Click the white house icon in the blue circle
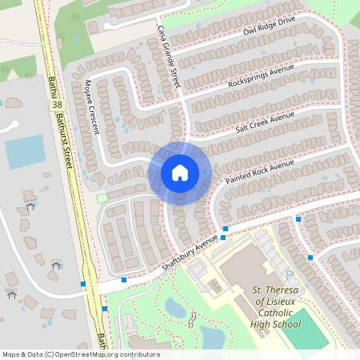(x=180, y=172)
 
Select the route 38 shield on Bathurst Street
(x=56, y=105)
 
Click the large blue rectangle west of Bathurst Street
(x=26, y=151)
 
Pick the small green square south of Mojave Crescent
(x=102, y=197)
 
